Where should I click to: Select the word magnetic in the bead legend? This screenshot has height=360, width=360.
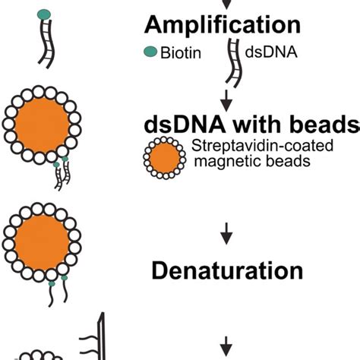(x=220, y=161)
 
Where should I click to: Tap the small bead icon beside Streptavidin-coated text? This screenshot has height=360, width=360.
(x=164, y=156)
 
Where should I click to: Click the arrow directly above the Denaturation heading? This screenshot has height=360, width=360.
(x=226, y=238)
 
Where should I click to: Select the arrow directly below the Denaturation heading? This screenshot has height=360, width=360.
(x=226, y=341)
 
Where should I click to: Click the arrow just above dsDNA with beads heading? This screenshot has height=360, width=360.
(x=226, y=97)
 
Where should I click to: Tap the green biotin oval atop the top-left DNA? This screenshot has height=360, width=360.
(x=44, y=14)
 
